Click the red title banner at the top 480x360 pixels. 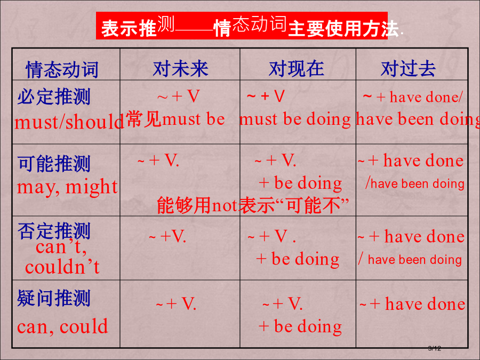point(242,26)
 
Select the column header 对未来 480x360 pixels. point(181,69)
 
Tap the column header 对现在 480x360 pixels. point(297,69)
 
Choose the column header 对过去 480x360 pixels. point(408,69)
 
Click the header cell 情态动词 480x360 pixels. point(62,70)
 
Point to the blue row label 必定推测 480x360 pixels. point(54,97)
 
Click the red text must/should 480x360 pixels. point(69,122)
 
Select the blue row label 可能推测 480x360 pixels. point(54,164)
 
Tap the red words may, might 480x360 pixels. point(67,187)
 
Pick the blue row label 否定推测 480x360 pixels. point(54,231)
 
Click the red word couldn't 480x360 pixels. point(62,267)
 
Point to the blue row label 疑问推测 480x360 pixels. point(54,298)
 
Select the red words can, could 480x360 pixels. point(62,326)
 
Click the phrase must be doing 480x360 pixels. point(295,119)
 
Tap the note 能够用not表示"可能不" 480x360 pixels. point(253,205)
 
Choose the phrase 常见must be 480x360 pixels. point(175,119)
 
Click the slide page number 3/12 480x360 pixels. point(434,348)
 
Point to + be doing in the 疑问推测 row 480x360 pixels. point(300,326)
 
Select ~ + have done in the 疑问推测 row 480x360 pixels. point(412,304)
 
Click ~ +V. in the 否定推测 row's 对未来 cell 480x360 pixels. point(167,236)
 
